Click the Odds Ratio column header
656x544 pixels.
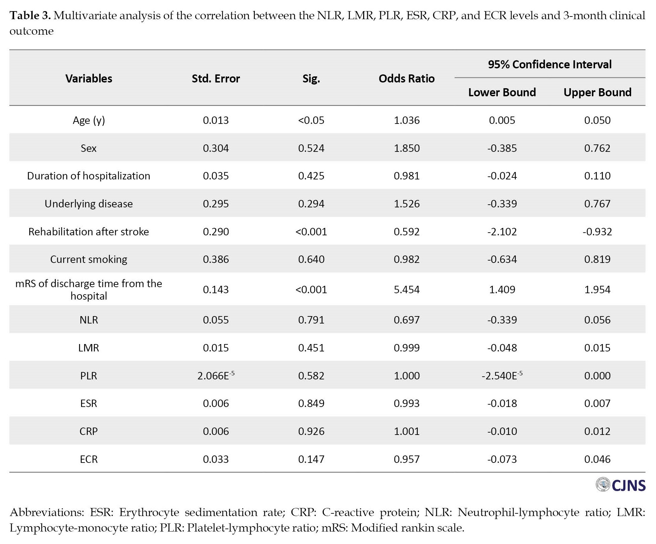406,78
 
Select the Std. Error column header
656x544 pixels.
216,78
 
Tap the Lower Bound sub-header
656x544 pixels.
502,92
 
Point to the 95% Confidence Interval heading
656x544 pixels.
550,64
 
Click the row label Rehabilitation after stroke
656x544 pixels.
89,232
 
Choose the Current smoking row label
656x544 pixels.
89,259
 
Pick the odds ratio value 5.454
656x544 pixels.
407,290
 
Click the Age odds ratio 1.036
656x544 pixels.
407,120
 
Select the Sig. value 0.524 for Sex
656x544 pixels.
311,148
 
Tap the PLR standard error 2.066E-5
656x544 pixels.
216,375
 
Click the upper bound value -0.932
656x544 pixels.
597,232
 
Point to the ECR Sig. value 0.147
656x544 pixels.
311,459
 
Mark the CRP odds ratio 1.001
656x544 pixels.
407,431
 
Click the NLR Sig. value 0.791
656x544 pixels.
311,320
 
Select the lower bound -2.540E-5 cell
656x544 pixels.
502,375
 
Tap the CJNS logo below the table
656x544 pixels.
621,485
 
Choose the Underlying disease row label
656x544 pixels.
89,204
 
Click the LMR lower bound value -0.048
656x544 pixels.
502,348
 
